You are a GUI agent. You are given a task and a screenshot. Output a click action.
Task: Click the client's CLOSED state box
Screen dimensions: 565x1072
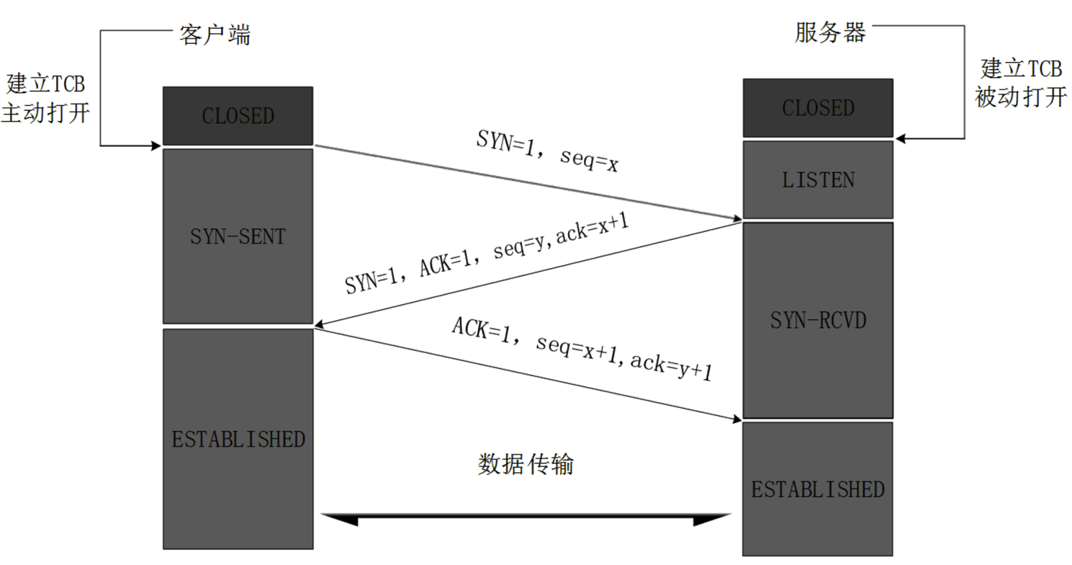(x=238, y=116)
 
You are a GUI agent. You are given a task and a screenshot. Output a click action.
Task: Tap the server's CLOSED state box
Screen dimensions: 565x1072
(x=818, y=108)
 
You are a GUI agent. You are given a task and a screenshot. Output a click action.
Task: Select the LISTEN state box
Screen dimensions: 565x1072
(x=818, y=179)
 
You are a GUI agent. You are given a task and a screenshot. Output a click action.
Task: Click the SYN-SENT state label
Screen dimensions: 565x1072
(x=238, y=236)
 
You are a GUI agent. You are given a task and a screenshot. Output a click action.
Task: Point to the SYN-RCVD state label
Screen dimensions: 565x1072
(x=818, y=320)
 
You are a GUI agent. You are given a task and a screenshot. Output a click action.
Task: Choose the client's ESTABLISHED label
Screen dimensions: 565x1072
(x=238, y=439)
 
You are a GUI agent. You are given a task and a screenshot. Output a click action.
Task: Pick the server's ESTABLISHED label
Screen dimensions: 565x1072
(x=818, y=490)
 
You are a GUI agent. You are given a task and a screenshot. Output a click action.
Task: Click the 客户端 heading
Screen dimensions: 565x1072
(x=215, y=35)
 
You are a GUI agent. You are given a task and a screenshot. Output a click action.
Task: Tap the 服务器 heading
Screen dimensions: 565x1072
(x=830, y=32)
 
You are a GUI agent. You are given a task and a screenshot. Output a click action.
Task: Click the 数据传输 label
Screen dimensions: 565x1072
(x=526, y=464)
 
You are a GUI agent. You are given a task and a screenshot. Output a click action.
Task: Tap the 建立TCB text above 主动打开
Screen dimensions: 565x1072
(x=45, y=83)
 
